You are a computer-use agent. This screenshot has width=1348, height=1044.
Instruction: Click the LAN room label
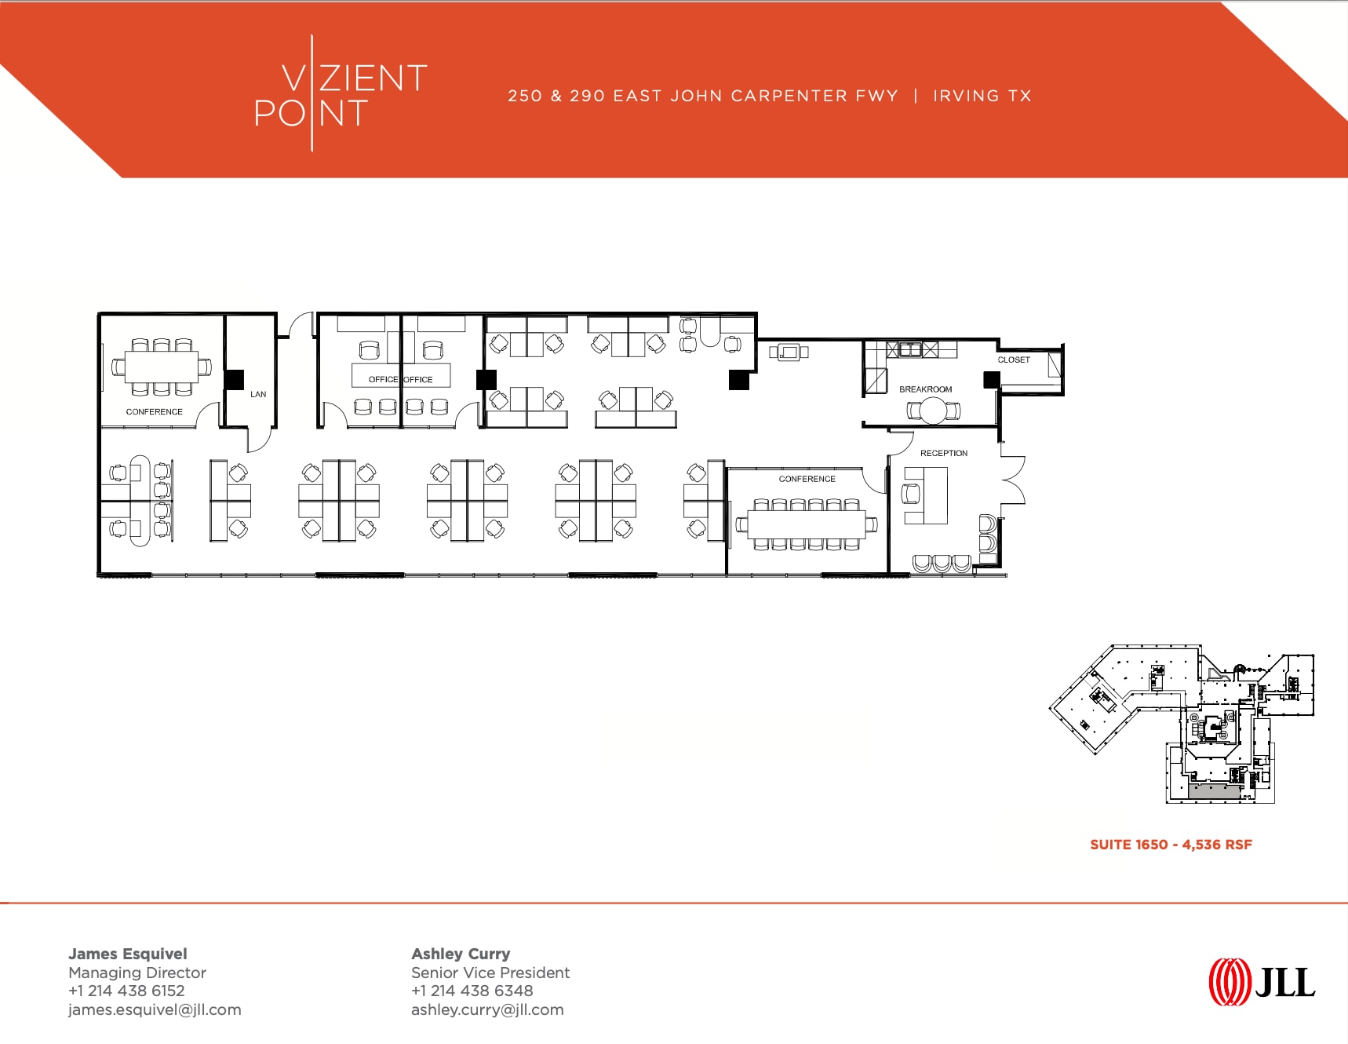tap(258, 394)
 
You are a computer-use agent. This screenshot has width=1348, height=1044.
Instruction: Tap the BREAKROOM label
tap(925, 389)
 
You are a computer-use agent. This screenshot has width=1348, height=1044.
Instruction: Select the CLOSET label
tap(1014, 360)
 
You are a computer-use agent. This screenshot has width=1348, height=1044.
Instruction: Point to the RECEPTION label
tap(944, 453)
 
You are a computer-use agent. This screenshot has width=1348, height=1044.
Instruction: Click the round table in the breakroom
tap(934, 411)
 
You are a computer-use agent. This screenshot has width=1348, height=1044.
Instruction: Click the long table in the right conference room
tap(806, 524)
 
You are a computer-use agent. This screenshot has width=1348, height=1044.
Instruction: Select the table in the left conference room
tap(162, 366)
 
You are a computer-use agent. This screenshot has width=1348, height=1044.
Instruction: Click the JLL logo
tap(1262, 982)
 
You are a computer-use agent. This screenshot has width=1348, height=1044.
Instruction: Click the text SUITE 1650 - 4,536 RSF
tap(1171, 845)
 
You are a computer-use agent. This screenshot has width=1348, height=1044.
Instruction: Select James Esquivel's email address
tap(155, 1010)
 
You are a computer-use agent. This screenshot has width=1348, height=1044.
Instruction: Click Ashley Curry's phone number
tap(472, 991)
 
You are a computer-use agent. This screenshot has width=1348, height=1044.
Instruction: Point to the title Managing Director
tap(137, 973)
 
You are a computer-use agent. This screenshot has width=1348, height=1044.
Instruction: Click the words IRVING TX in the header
tap(982, 96)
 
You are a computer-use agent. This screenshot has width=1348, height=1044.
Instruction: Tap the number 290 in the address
tap(587, 96)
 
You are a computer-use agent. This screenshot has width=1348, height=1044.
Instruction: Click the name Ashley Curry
tap(461, 954)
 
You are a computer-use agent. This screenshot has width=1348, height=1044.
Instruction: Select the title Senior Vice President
tap(490, 973)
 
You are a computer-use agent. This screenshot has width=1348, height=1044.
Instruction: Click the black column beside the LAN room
tap(234, 380)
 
